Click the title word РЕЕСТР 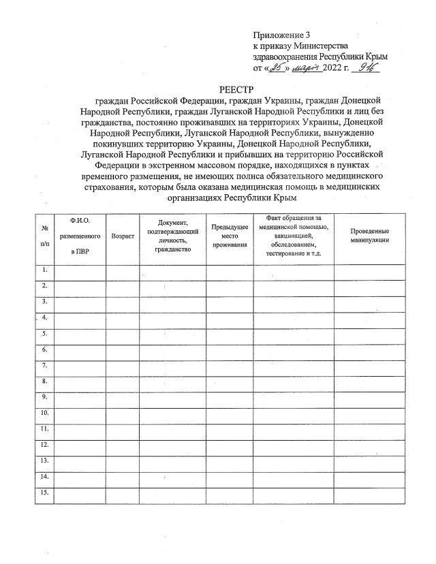pyautogui.click(x=236, y=89)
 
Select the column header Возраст pyautogui.click(x=123, y=236)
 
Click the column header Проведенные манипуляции pyautogui.click(x=370, y=236)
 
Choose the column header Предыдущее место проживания pyautogui.click(x=229, y=236)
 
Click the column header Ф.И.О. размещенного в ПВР pyautogui.click(x=80, y=236)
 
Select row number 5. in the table pyautogui.click(x=44, y=334)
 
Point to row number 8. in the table pyautogui.click(x=44, y=381)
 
